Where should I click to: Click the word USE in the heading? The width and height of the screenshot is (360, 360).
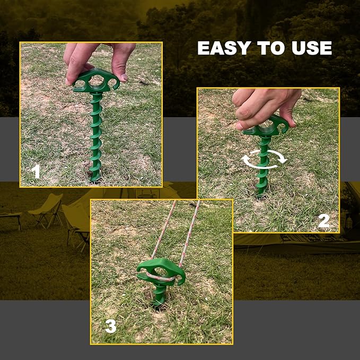tap(311, 48)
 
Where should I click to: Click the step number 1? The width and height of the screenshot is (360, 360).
tap(36, 171)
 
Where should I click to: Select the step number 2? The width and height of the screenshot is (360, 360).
tap(324, 220)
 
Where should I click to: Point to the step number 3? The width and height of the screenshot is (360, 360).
tap(110, 326)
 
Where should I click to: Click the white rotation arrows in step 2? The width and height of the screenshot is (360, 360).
tap(264, 157)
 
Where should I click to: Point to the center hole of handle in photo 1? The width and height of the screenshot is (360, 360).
tap(98, 82)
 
